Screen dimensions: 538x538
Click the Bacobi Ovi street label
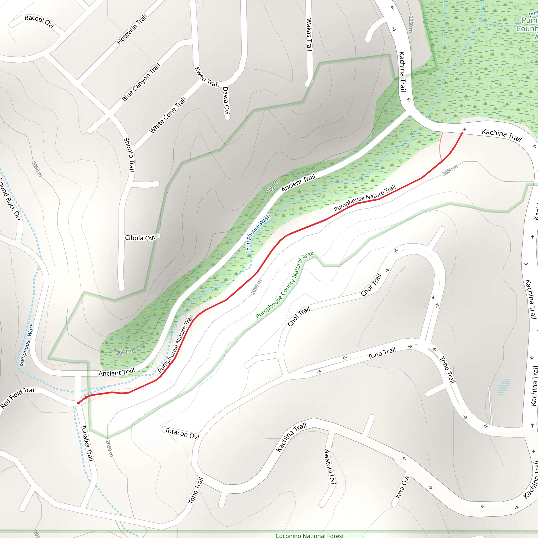(39, 21)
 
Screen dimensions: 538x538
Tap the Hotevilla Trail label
(131, 29)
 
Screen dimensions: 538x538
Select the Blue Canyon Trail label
(141, 82)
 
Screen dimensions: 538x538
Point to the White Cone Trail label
(168, 115)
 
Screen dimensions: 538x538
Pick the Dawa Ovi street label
(226, 100)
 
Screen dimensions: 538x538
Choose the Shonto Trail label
(129, 154)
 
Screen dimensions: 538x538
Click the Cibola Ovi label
(140, 238)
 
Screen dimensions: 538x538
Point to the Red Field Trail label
(18, 398)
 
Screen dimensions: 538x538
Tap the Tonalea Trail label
(87, 443)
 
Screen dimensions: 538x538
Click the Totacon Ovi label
(182, 433)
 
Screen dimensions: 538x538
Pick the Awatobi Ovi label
(330, 467)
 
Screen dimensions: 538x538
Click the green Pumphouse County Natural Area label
(284, 284)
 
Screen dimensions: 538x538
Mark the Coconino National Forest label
(310, 535)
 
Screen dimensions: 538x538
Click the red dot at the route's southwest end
(79, 403)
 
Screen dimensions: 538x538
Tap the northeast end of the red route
(462, 133)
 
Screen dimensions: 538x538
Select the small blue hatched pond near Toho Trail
(504, 387)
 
